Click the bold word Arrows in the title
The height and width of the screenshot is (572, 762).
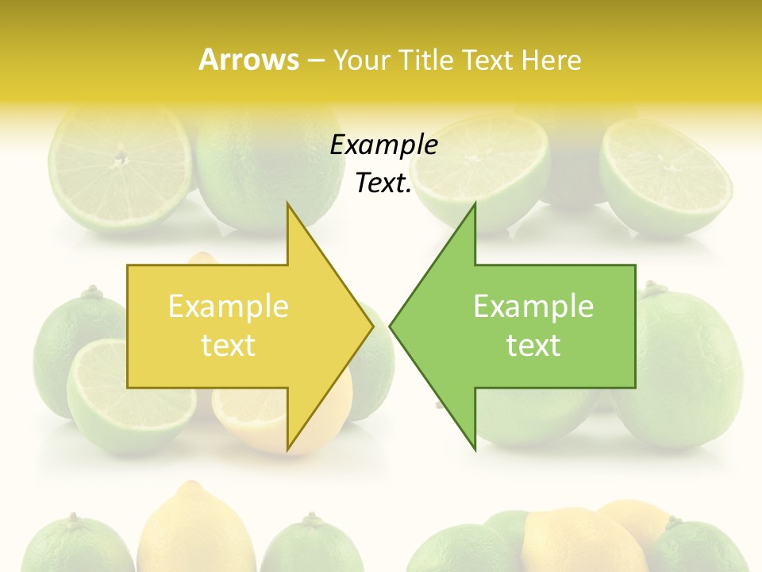248,60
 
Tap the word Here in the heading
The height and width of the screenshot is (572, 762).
550,60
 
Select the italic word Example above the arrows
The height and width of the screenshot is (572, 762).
384,145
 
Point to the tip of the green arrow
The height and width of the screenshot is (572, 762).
391,326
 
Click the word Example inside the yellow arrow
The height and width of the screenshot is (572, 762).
229,306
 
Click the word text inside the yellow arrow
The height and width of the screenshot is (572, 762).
229,346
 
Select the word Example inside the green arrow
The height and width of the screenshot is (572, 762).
533,306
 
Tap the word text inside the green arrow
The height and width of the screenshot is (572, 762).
533,346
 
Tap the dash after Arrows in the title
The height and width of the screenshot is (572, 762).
315,60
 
